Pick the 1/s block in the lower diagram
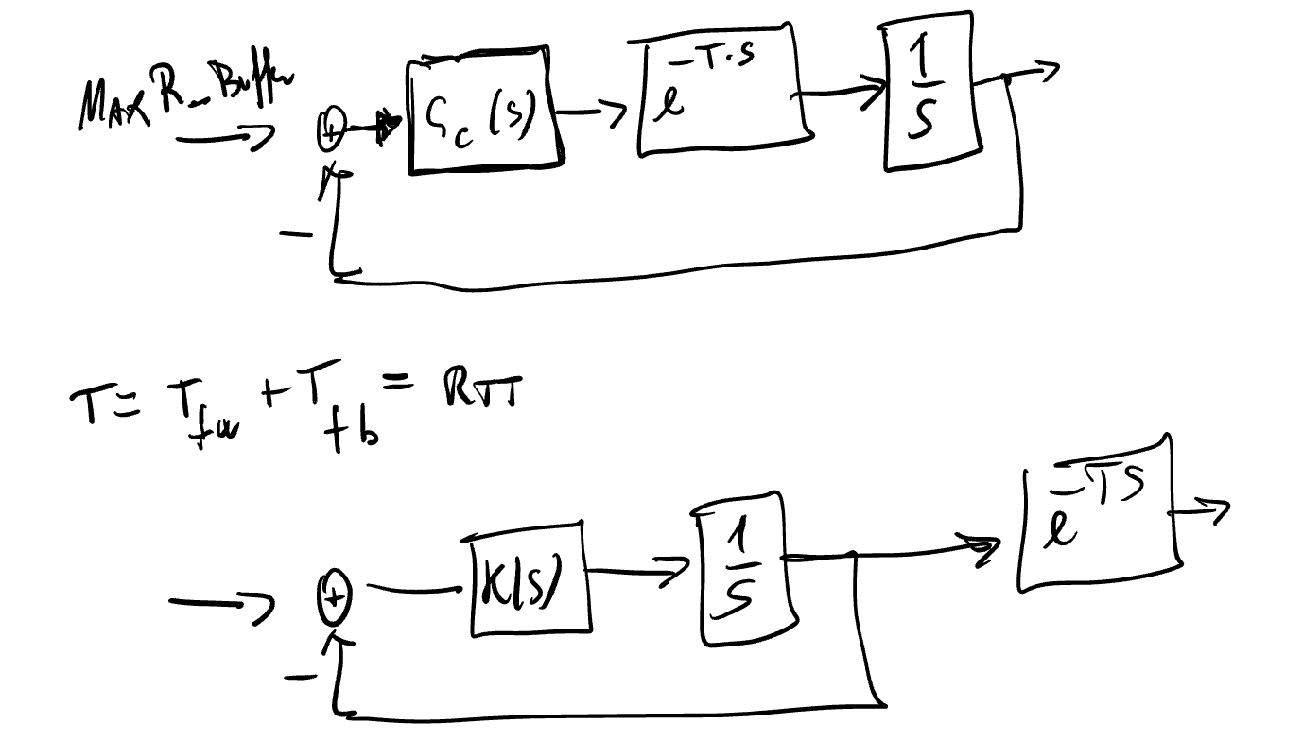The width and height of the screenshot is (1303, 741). pos(743,570)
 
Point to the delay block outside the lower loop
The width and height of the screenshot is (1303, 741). pos(1100,514)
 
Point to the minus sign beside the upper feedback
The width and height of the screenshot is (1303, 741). pos(295,233)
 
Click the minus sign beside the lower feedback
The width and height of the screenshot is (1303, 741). pos(301,675)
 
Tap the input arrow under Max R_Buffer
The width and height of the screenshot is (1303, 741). pos(223,140)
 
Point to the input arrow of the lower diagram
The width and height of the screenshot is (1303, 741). pos(219,602)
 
